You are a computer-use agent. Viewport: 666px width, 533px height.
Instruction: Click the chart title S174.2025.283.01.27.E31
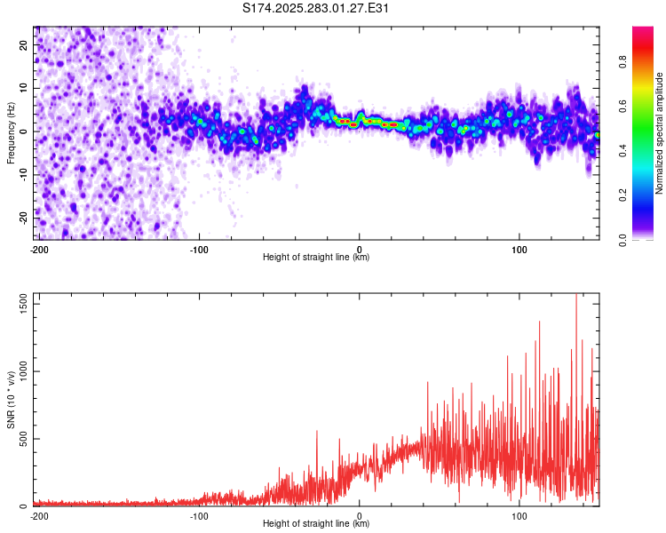coord(316,8)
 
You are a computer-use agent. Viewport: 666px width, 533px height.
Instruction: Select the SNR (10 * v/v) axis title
coord(12,400)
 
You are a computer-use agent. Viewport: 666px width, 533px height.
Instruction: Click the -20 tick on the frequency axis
coord(23,218)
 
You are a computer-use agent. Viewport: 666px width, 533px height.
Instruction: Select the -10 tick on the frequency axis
coord(23,174)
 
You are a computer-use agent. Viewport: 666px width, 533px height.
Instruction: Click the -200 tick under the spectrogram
coord(38,249)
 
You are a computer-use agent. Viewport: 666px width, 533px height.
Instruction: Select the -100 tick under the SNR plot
coord(199,515)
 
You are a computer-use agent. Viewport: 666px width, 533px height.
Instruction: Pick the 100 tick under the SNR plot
coord(519,515)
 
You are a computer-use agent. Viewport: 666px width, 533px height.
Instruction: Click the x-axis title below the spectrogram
coord(316,258)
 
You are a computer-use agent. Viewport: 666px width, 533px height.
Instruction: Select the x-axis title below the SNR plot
coord(316,524)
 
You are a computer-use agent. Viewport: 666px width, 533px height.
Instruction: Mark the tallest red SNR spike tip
coord(576,296)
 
